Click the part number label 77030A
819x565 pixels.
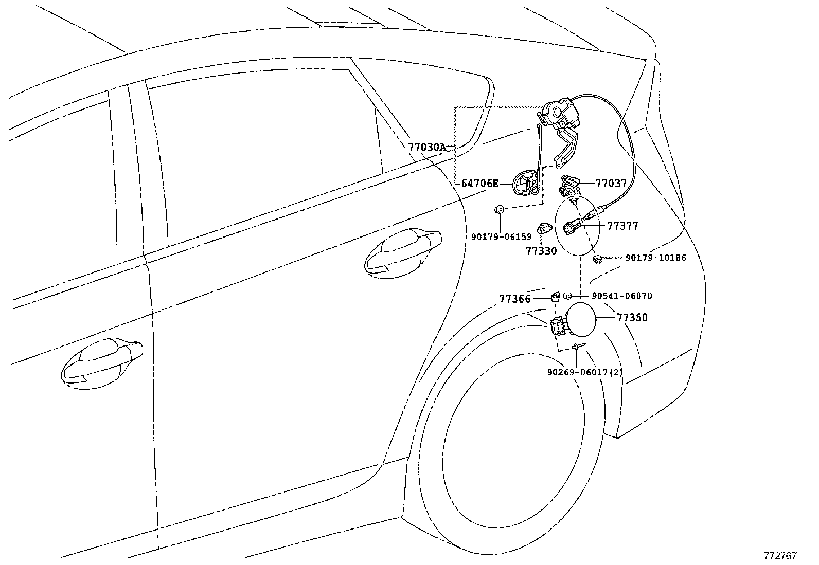click(426, 147)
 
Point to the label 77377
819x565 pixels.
click(622, 226)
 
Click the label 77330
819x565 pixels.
click(541, 251)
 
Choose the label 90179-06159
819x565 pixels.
click(501, 237)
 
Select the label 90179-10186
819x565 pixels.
click(655, 258)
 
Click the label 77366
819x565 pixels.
click(514, 298)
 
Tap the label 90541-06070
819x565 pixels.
click(621, 296)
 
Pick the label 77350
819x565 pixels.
click(632, 318)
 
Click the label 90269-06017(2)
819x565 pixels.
click(585, 372)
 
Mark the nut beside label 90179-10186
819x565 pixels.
click(598, 259)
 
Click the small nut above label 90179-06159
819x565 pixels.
click(498, 209)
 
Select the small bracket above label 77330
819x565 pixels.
click(544, 227)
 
